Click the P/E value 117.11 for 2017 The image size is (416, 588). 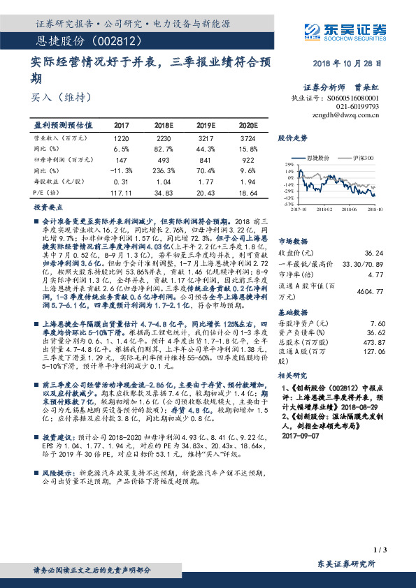click(121, 191)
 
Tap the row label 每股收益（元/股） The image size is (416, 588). click(61, 181)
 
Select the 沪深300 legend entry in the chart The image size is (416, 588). click(360, 159)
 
